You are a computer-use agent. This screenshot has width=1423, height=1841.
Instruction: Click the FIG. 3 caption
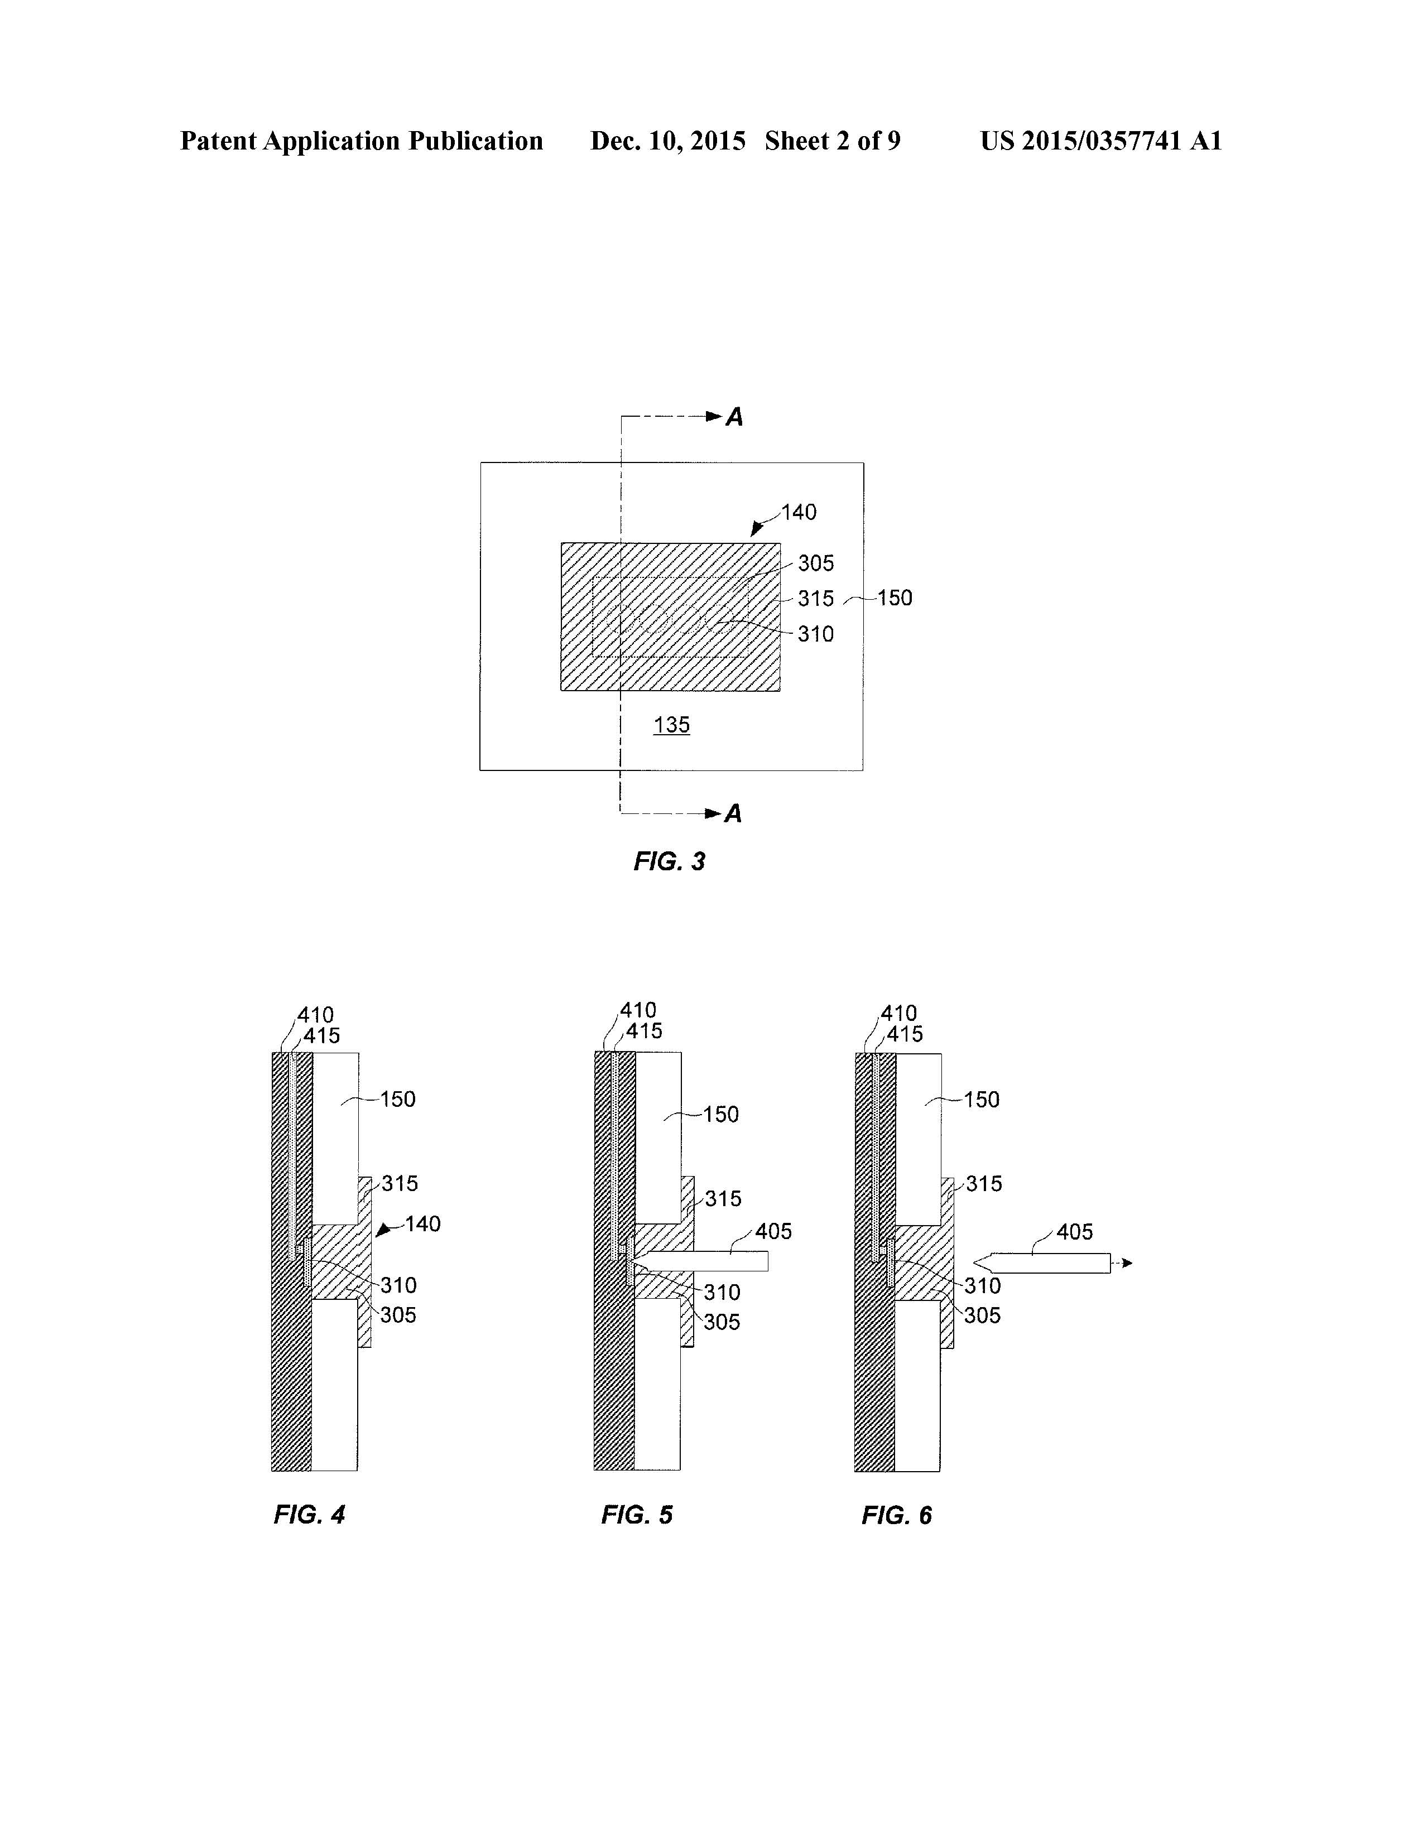(669, 861)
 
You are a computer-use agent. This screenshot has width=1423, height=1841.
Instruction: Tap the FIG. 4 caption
(309, 1515)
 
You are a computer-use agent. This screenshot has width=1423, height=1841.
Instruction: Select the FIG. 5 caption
(637, 1515)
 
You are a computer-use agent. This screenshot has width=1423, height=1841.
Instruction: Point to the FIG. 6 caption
(896, 1516)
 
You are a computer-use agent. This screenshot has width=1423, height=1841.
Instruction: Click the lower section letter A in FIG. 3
(733, 813)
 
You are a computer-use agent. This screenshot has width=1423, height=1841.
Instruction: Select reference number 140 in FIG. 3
(799, 513)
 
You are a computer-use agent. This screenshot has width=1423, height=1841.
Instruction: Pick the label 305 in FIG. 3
(816, 563)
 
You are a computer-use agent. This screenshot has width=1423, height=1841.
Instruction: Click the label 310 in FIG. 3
(816, 634)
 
